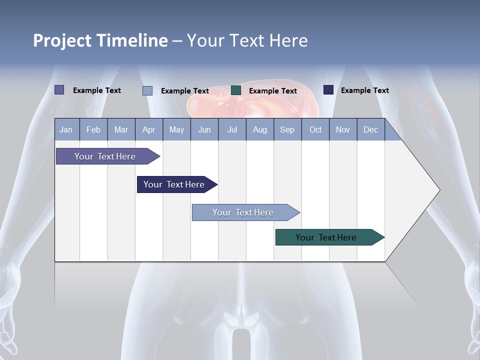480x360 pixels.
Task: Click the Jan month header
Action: point(66,129)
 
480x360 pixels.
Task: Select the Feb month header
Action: point(93,129)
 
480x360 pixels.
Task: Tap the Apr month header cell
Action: point(148,129)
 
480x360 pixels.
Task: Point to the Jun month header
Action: point(204,129)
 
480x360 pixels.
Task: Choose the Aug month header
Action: point(259,129)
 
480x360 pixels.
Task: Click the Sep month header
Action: point(287,129)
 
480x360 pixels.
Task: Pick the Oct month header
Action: point(315,129)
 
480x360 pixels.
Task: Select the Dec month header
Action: point(370,129)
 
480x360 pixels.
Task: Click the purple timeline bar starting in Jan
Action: point(105,156)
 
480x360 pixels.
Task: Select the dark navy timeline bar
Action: point(174,184)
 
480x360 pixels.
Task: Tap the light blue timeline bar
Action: point(243,212)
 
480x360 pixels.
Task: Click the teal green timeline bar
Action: point(326,237)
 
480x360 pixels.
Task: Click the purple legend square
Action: point(59,90)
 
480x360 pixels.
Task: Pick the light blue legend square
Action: point(147,90)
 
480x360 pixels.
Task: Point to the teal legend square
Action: point(236,90)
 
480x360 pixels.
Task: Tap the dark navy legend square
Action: point(328,90)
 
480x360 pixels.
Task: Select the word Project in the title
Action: point(62,40)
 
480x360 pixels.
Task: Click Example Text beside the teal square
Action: point(272,91)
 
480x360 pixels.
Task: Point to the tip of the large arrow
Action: point(439,190)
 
